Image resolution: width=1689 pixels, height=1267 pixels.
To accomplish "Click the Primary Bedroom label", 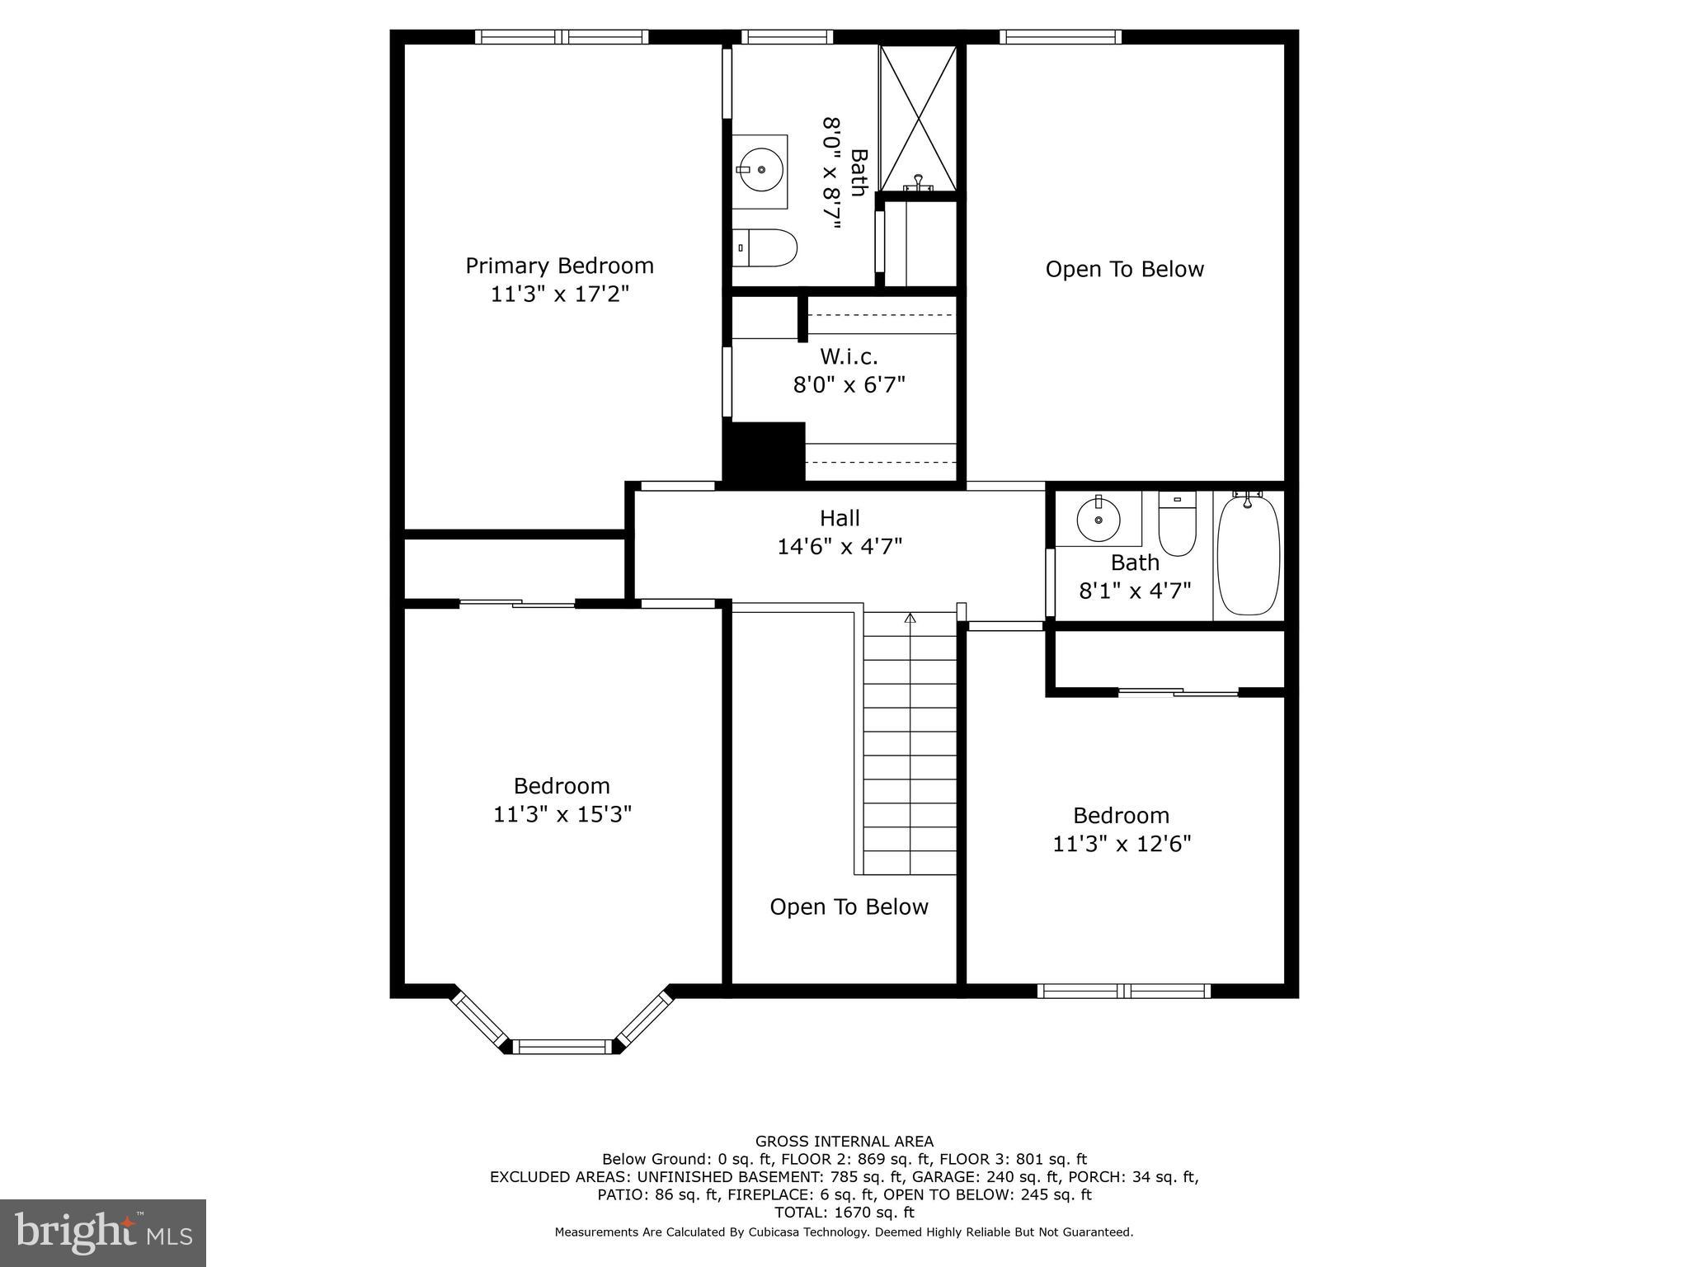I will (559, 266).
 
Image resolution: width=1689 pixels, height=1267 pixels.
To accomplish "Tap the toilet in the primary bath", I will (765, 247).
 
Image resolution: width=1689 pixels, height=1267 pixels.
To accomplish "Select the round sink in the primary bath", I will (760, 170).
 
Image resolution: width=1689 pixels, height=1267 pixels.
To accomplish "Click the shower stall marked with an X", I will (917, 119).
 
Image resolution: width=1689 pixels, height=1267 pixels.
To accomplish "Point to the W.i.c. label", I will (849, 356).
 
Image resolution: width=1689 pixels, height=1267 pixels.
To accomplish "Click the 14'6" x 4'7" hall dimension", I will (840, 546).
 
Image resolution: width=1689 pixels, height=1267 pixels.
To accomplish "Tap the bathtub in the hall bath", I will (1248, 554).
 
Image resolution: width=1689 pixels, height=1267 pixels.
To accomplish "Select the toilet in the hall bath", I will (1177, 525).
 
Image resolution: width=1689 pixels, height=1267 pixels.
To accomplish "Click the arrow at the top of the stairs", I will (910, 618).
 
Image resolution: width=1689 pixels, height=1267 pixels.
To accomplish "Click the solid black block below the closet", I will (764, 451).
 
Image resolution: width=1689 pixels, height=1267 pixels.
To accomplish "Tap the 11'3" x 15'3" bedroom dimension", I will (562, 814).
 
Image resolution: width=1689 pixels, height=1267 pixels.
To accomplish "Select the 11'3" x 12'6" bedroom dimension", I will (1122, 844).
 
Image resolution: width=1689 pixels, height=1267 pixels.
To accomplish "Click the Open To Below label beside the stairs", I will (849, 907).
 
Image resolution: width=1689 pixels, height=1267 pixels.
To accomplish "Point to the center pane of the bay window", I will (564, 1047).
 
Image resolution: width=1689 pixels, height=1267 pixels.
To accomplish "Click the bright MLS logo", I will (103, 1232).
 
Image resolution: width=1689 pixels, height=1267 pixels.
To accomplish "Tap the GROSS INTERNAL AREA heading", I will (844, 1142).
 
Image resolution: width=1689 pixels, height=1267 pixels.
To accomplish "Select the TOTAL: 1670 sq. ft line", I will (844, 1213).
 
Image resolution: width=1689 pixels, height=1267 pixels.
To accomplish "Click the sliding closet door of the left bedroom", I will (517, 604).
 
